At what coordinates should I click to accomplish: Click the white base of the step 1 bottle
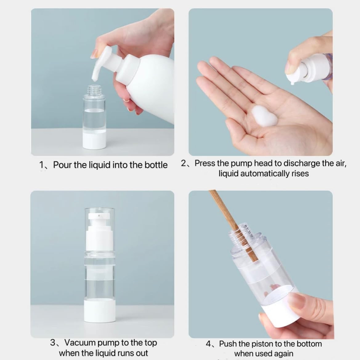[94, 140]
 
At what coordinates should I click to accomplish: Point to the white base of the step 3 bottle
[100, 310]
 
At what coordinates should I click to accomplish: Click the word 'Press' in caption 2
[205, 163]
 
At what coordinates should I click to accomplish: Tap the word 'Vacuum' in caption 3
[80, 342]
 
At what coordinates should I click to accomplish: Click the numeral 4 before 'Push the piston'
[208, 344]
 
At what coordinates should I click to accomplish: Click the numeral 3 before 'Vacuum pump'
[53, 343]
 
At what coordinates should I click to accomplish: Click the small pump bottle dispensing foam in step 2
[309, 68]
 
